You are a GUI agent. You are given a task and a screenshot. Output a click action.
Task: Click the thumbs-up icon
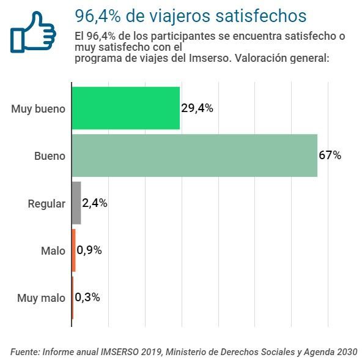[33, 32]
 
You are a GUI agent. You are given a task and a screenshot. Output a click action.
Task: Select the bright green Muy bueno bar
[126, 108]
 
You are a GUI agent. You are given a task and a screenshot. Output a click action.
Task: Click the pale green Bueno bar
[194, 156]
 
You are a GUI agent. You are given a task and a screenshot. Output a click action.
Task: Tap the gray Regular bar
[76, 203]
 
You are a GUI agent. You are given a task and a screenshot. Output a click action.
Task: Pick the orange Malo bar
[73, 250]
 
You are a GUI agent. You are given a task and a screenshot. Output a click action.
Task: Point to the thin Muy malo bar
[73, 298]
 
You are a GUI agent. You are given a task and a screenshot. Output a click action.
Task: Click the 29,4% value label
[197, 108]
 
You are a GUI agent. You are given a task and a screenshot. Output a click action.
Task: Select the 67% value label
[330, 155]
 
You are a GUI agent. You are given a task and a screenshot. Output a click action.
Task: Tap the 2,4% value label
[95, 203]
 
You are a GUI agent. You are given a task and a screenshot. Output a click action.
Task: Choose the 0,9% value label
[89, 250]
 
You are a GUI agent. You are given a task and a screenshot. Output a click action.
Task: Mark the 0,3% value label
[87, 298]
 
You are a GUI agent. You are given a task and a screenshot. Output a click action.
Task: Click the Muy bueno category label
[38, 109]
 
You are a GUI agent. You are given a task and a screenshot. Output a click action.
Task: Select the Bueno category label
[50, 156]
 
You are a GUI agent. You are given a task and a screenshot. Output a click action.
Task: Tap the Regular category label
[46, 204]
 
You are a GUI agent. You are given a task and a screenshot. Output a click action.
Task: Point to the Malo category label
[53, 251]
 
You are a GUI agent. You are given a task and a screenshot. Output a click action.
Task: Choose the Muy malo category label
[41, 298]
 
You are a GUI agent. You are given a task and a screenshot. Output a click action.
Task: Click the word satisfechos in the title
[261, 16]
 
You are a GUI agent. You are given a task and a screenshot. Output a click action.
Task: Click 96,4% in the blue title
[98, 16]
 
